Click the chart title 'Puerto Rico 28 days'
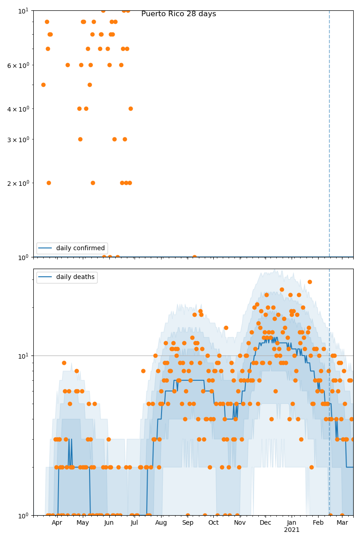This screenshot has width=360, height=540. click(179, 14)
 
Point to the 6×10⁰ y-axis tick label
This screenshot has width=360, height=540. click(18, 65)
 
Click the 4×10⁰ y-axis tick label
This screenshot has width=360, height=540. click(18, 109)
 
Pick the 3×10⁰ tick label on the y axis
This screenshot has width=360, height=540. click(18, 139)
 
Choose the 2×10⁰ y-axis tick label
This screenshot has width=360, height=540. click(18, 183)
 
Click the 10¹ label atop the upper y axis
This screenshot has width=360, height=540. click(23, 10)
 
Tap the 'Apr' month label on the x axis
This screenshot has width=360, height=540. click(57, 523)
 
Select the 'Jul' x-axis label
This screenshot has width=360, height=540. click(135, 523)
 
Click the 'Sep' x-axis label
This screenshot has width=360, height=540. click(188, 523)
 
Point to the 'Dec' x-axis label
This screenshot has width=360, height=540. click(265, 523)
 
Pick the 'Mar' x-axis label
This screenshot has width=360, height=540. click(342, 523)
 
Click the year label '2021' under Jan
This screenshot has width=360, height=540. click(292, 530)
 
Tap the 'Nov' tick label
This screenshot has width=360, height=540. click(240, 523)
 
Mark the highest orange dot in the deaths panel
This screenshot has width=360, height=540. click(310, 282)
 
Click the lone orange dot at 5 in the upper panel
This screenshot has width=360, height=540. click(43, 85)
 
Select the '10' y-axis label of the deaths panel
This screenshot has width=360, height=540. click(23, 356)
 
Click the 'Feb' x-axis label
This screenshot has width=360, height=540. click(318, 523)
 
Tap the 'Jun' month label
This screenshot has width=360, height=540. click(109, 523)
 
